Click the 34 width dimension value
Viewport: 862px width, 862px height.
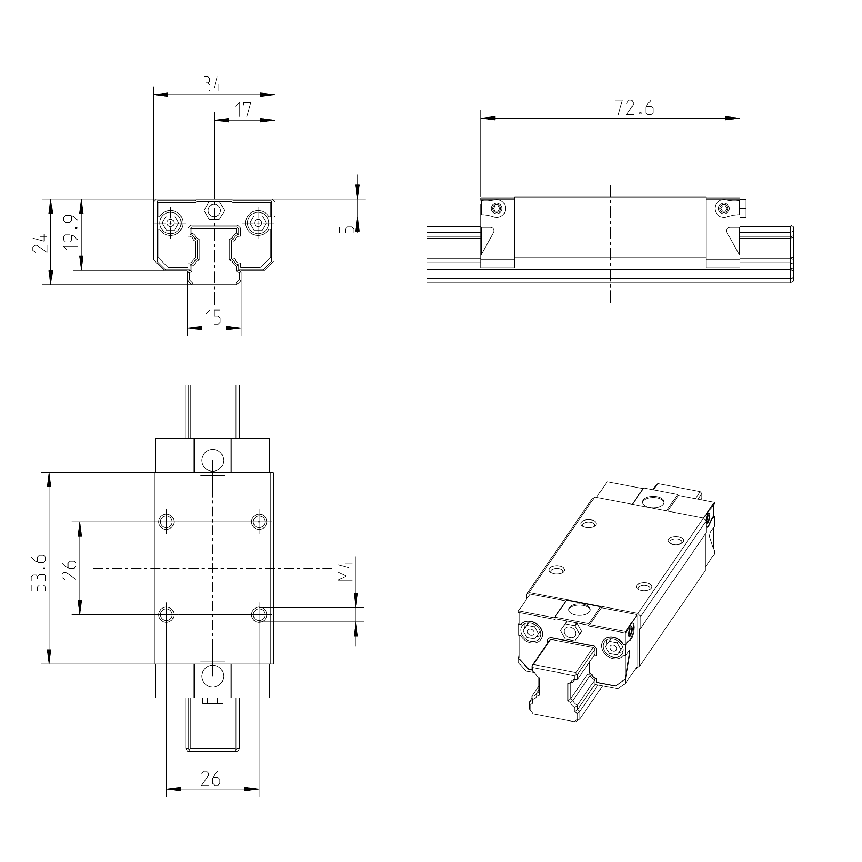click(x=212, y=84)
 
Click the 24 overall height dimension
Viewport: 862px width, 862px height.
click(x=40, y=243)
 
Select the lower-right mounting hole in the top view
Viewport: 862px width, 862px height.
click(x=259, y=614)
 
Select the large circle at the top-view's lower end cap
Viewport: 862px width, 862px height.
click(x=213, y=676)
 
